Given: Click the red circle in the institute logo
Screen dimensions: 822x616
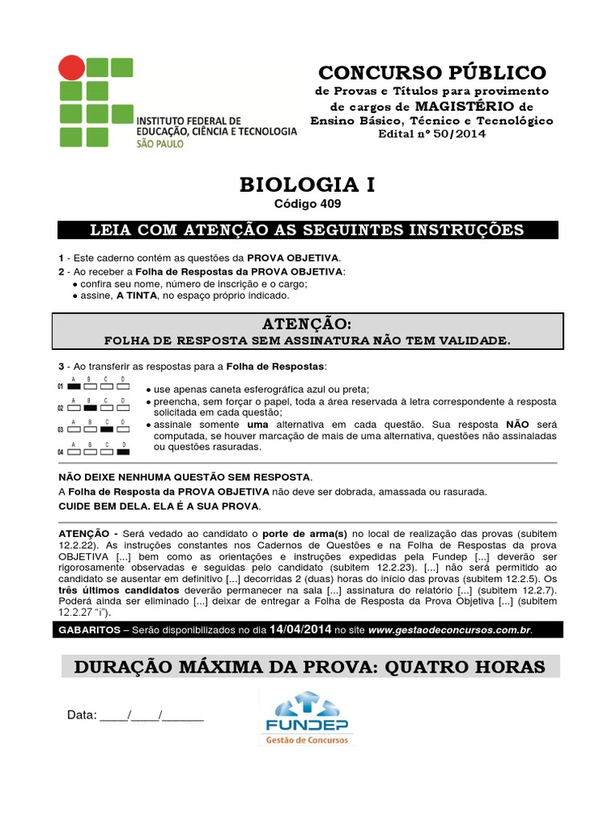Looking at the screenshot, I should pos(71,67).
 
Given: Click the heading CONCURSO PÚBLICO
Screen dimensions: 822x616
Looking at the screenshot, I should pos(432,72).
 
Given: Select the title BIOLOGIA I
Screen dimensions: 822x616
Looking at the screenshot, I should pos(307,185).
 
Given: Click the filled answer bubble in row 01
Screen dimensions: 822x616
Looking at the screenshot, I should pos(74,386).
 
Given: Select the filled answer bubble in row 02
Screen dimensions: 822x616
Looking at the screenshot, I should pos(90,408).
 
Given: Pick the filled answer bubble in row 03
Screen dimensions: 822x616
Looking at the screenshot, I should pos(106,429).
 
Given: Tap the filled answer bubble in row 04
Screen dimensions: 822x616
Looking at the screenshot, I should pos(122,451).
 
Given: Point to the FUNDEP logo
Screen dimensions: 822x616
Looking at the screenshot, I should pos(307,717).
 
